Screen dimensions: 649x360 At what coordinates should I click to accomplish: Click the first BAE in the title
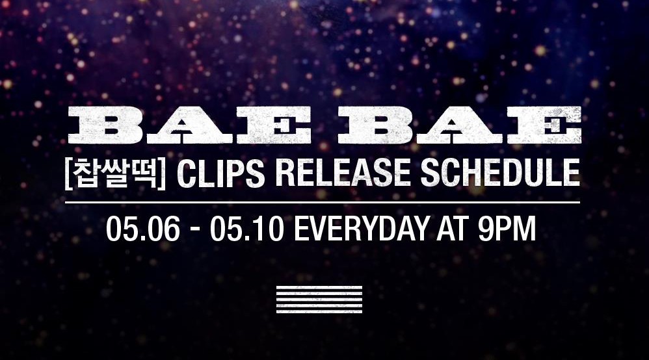point(190,125)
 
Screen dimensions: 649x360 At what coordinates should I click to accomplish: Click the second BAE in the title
point(460,125)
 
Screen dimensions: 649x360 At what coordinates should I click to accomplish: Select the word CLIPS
point(220,174)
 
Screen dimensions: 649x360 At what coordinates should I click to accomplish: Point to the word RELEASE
point(342,174)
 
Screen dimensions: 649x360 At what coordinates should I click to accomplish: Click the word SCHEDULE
point(500,174)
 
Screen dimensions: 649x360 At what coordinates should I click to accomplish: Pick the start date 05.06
point(143,229)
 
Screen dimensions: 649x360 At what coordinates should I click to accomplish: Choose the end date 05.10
point(246,229)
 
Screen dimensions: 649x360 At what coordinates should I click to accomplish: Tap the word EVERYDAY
point(362,229)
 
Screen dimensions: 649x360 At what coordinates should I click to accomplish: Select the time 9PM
point(507,229)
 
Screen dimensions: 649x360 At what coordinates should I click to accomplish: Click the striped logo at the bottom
point(319,299)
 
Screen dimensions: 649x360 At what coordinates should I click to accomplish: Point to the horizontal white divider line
point(323,202)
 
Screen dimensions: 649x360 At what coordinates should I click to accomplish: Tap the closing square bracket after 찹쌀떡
point(163,174)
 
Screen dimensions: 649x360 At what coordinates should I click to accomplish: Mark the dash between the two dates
point(195,231)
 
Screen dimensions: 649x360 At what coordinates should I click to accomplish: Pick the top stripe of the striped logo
point(319,287)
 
